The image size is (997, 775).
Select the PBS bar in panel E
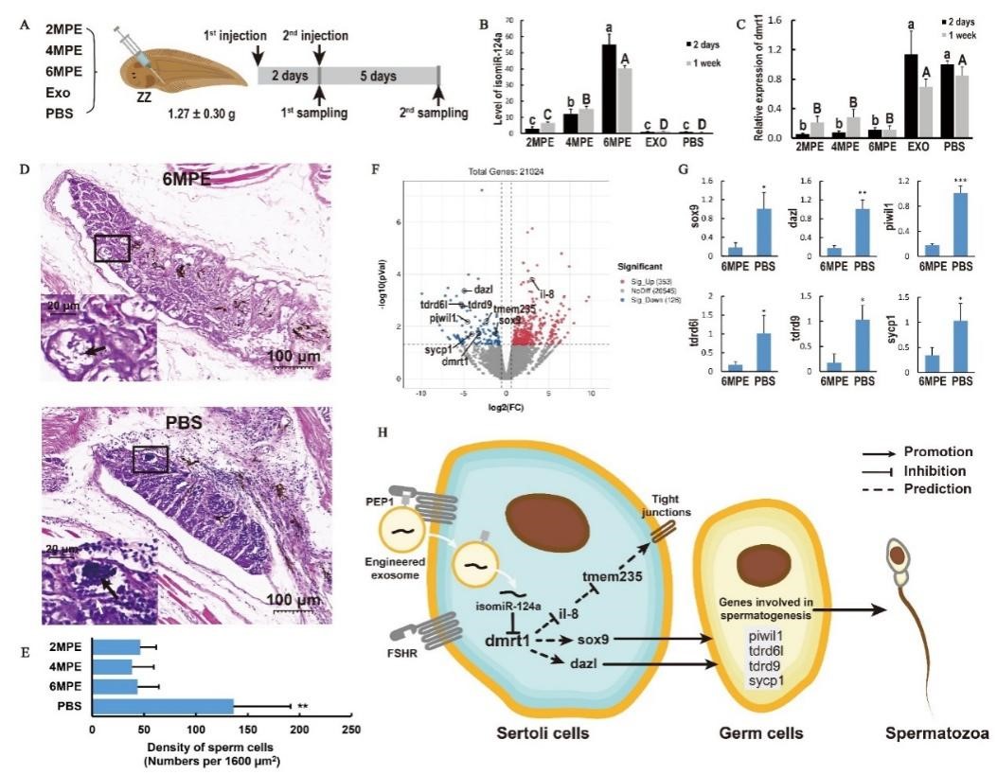tap(162, 705)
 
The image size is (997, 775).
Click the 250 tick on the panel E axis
tap(350, 730)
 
